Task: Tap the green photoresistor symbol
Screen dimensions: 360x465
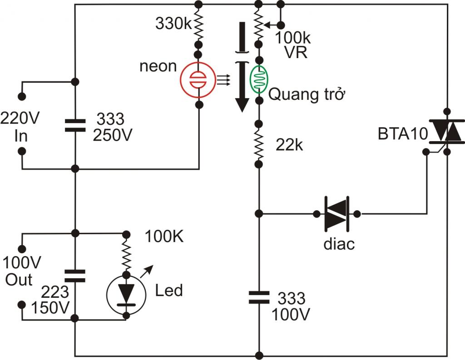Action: click(258, 79)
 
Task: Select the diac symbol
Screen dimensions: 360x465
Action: click(336, 213)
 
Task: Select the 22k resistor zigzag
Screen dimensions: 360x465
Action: click(258, 144)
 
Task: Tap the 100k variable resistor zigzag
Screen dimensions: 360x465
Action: click(258, 25)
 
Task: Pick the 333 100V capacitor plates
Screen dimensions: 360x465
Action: click(258, 297)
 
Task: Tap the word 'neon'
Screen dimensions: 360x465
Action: click(158, 66)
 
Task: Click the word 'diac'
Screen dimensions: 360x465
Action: click(339, 244)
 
